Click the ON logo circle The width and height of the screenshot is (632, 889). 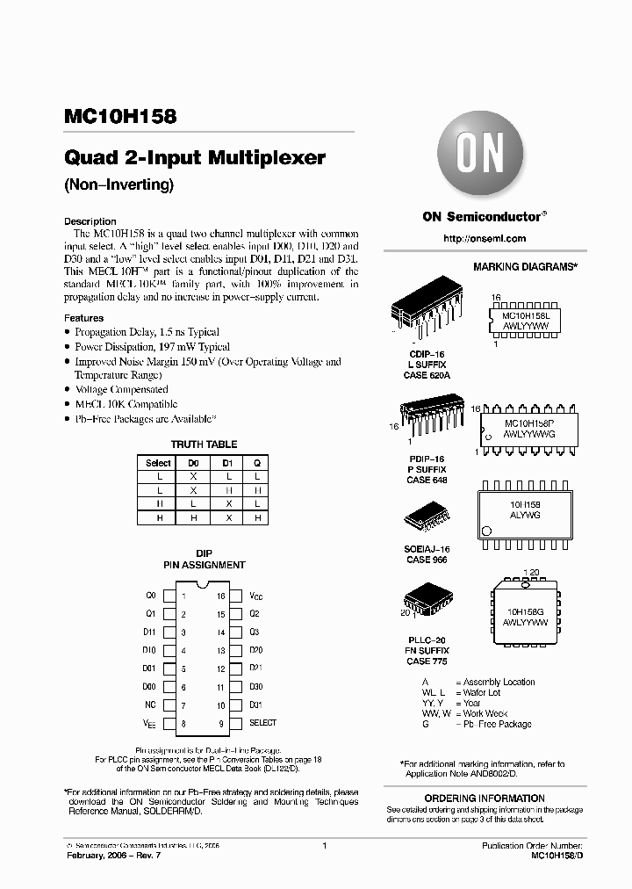click(479, 159)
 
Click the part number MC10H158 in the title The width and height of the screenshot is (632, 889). click(120, 116)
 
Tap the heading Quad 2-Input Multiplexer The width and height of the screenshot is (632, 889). click(195, 159)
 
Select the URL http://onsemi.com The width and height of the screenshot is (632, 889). click(485, 238)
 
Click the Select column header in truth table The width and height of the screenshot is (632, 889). click(158, 462)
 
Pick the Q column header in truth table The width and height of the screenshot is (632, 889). click(257, 462)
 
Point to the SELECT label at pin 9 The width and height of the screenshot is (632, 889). click(262, 723)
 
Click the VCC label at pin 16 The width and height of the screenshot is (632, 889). click(255, 596)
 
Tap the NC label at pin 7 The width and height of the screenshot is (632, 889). click(150, 705)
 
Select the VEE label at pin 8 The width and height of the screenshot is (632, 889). click(150, 723)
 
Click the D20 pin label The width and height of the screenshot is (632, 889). click(255, 650)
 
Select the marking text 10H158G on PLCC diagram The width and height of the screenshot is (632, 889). click(525, 611)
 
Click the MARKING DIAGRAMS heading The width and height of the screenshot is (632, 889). click(525, 266)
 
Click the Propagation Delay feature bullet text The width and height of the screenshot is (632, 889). click(147, 332)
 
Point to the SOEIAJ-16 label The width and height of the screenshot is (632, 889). click(425, 549)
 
